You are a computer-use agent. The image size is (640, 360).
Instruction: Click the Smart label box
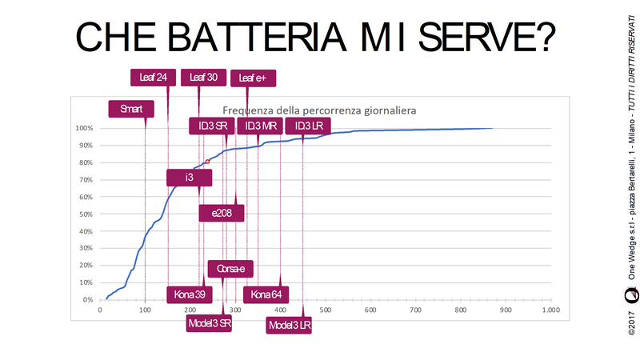click(x=131, y=108)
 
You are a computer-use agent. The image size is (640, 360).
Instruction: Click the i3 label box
click(x=190, y=178)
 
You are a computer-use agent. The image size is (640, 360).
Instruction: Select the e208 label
click(x=222, y=213)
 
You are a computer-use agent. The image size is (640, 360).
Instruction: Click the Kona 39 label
click(x=190, y=294)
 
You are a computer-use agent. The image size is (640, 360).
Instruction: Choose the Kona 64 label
click(x=266, y=294)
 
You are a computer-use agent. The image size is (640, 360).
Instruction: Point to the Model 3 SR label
click(x=210, y=323)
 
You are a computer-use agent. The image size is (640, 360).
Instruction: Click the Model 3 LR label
click(x=289, y=326)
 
